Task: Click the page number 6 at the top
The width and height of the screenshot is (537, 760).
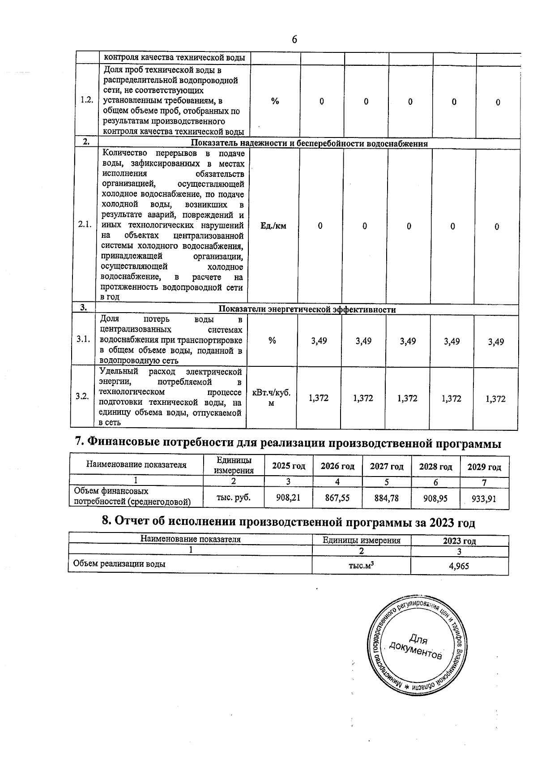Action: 294,40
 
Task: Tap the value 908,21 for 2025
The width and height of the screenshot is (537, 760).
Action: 288,497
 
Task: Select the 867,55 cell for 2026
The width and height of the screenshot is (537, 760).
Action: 337,498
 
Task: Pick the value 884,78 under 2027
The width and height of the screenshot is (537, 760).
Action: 387,498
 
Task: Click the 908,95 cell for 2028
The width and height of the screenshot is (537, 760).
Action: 435,498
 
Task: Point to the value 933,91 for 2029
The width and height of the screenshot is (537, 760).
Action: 484,498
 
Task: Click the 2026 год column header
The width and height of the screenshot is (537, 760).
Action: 337,466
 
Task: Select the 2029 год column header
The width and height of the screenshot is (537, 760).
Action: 484,467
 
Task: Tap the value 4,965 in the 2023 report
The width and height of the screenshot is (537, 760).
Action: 459,566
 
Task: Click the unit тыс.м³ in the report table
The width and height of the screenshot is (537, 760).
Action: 361,565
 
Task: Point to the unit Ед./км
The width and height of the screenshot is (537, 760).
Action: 273,226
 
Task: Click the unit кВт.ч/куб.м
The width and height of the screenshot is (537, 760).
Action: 272,398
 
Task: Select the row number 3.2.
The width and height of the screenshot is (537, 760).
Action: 82,396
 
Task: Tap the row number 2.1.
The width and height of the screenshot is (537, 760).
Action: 85,225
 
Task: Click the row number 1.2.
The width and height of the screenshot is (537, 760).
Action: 87,100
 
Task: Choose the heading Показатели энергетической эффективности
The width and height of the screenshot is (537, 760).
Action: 307,309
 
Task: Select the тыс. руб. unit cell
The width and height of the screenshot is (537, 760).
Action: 233,497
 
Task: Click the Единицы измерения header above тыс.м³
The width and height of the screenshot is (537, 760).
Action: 361,540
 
